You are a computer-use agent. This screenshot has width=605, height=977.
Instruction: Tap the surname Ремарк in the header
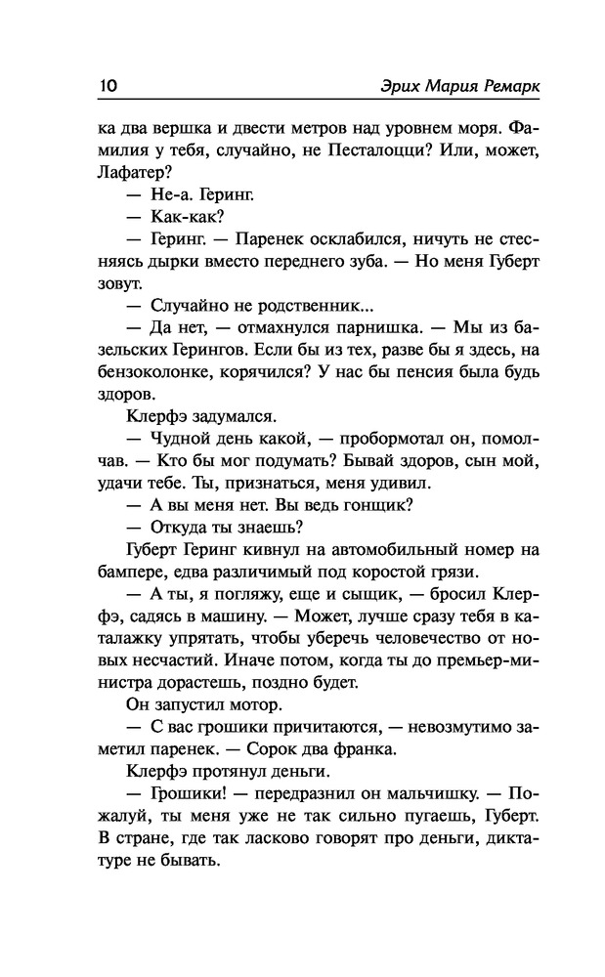503,86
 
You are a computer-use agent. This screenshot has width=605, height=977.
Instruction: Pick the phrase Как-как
185,217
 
